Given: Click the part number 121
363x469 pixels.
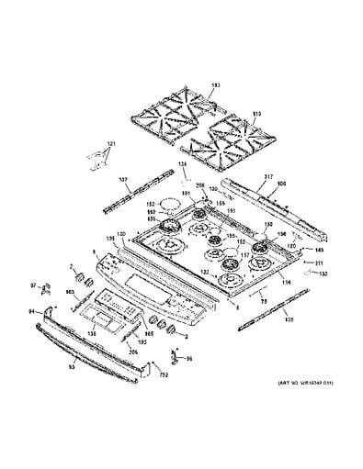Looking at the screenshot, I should click(x=111, y=145).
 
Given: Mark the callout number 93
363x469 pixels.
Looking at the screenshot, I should click(x=73, y=368).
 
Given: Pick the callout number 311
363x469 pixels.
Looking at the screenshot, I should click(x=319, y=262).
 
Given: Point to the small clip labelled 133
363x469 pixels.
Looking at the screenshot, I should click(x=312, y=274).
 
